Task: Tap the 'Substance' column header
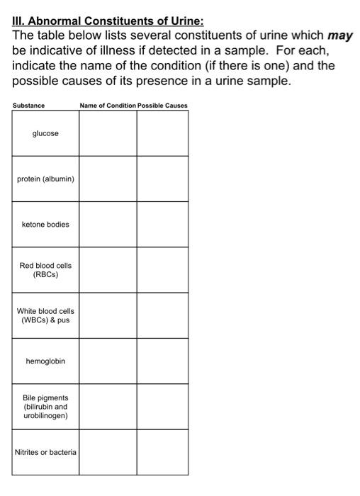[28, 106]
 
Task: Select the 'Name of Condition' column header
[108, 106]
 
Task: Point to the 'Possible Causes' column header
[163, 106]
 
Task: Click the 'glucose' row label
[45, 133]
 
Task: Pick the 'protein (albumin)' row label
[45, 179]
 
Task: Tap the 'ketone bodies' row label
[45, 224]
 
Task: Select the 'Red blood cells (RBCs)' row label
[45, 270]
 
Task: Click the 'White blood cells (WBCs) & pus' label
[45, 315]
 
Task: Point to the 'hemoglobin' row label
[45, 361]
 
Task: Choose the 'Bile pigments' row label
[45, 407]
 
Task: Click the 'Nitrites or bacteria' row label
[45, 452]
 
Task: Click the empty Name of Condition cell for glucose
[108, 133]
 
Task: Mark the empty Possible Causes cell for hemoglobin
[163, 361]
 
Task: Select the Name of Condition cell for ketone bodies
[108, 224]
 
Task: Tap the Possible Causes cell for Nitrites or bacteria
[163, 452]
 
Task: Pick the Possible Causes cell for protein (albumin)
[163, 179]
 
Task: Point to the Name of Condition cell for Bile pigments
[108, 407]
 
